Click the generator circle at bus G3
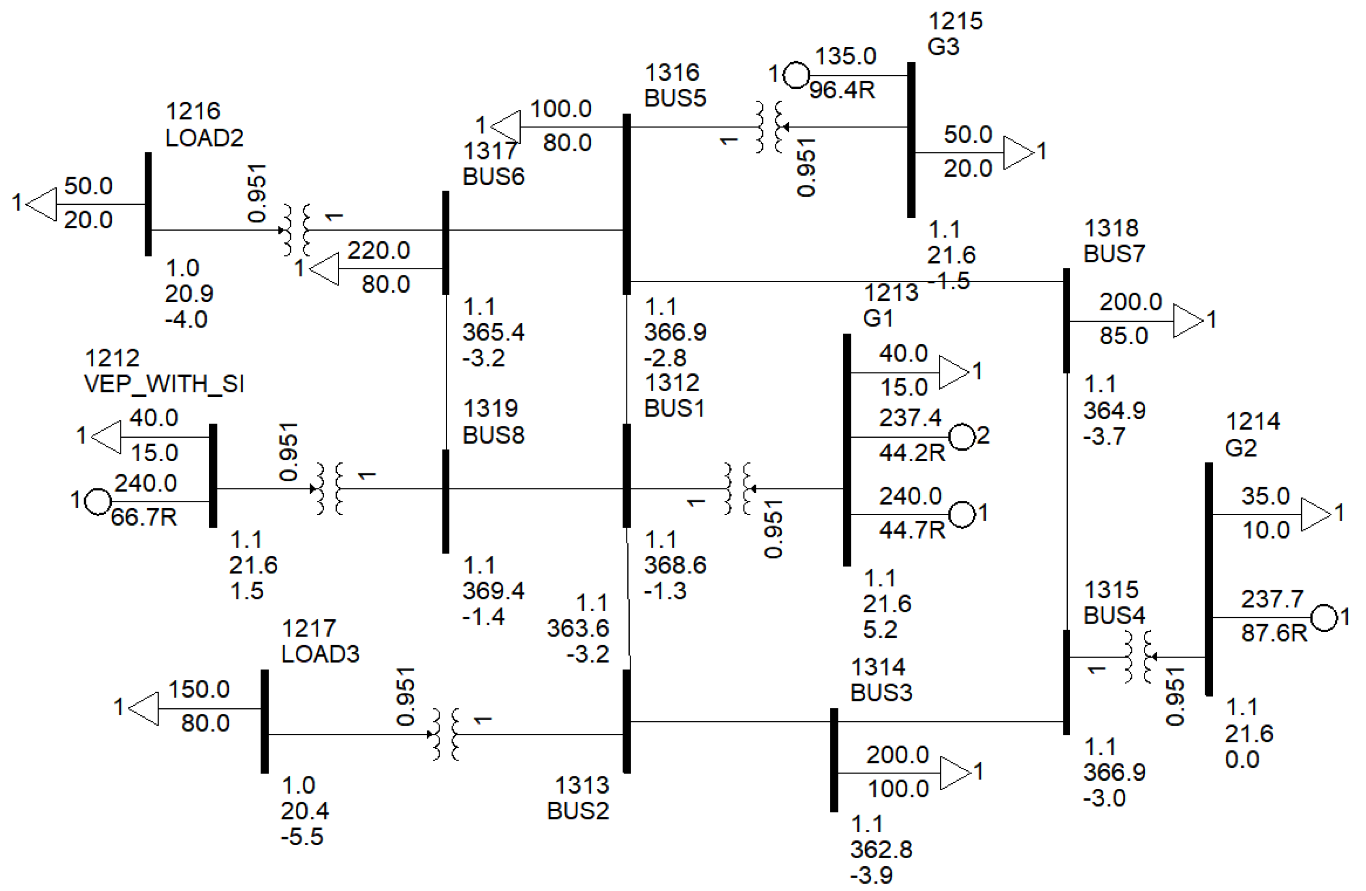796,74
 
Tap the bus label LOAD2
204,138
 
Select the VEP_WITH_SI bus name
164,383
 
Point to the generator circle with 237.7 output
1324,618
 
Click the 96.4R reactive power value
842,90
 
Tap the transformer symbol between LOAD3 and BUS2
445,734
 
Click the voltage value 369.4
493,590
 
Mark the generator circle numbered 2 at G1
962,437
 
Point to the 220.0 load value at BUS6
378,251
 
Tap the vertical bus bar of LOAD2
148,204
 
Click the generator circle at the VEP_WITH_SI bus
97,501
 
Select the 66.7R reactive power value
143,518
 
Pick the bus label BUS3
881,692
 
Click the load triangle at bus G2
1315,514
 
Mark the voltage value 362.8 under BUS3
881,849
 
